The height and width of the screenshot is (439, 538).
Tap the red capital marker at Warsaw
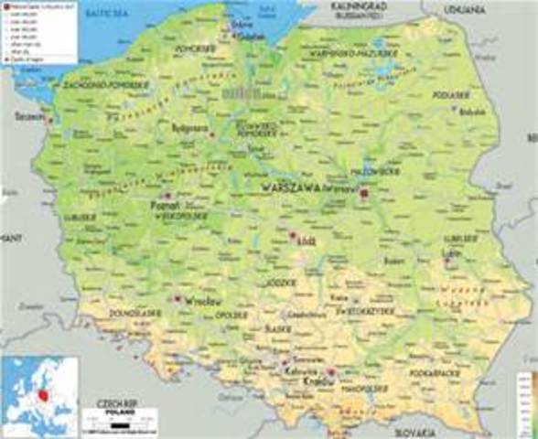pyautogui.click(x=363, y=194)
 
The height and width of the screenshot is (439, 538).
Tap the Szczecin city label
pyautogui.click(x=29, y=117)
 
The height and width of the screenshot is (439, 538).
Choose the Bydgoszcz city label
pyautogui.click(x=191, y=129)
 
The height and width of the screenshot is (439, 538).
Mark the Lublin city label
pyautogui.click(x=449, y=252)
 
